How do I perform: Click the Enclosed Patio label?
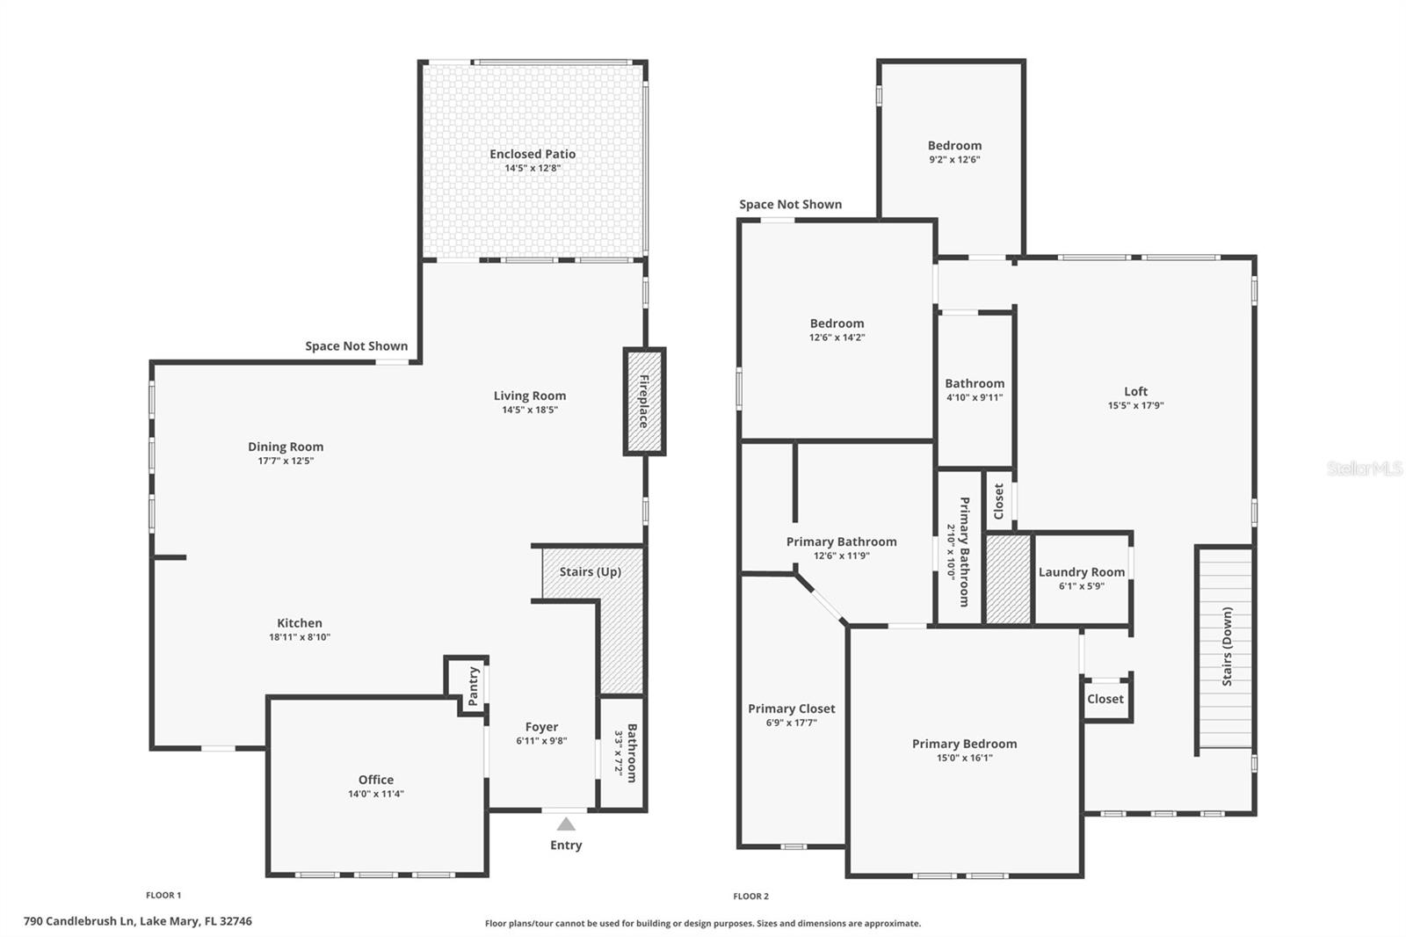[x=533, y=154]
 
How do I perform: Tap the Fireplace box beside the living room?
[x=644, y=402]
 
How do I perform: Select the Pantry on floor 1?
[x=467, y=685]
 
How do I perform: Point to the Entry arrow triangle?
[x=566, y=824]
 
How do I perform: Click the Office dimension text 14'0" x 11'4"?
[x=376, y=794]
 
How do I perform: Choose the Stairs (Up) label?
[x=590, y=571]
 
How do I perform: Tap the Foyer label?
[x=541, y=727]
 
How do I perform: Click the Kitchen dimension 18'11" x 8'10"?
[x=300, y=636]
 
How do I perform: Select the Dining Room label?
[x=286, y=447]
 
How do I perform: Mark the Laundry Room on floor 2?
[x=1082, y=578]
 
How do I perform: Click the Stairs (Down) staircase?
[x=1225, y=648]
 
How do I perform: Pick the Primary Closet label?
[x=792, y=708]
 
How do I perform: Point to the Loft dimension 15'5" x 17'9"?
[x=1135, y=406]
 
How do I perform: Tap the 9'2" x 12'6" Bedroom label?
[x=954, y=152]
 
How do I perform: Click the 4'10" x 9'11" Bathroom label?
[x=975, y=390]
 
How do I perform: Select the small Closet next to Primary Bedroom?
[x=1106, y=699]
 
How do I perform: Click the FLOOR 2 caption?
[x=750, y=897]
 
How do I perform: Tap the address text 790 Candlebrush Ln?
[x=79, y=921]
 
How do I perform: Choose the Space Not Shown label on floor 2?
[x=790, y=204]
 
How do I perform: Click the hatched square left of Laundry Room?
[x=1008, y=579]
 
